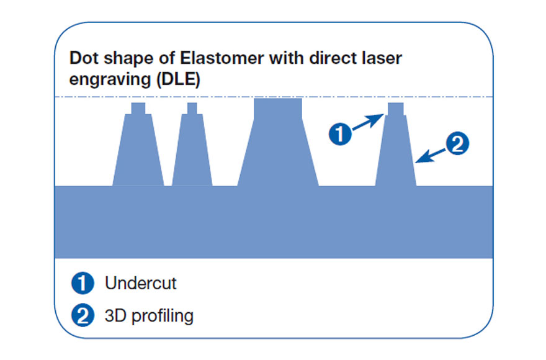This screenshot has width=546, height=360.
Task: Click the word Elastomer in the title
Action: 222,58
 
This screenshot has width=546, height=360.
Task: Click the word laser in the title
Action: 382,58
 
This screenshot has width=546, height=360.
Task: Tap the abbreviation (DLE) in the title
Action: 178,79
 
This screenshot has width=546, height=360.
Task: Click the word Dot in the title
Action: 84,58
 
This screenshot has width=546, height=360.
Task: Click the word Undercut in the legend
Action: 141,283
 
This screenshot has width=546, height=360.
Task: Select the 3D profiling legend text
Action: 149,316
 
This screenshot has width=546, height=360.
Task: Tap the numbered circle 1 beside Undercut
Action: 83,283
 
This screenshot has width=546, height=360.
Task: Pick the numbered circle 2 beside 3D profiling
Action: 83,315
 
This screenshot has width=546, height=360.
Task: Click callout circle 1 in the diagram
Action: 340,134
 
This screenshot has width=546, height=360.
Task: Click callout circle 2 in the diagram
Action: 457,143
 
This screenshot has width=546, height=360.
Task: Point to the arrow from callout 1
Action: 368,122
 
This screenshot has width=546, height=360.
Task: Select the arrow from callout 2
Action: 431,156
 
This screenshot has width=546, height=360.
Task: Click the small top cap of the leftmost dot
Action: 138,109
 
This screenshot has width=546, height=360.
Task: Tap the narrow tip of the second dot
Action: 192,109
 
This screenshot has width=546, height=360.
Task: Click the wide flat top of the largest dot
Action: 278,109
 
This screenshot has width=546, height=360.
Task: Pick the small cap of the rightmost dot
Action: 396,109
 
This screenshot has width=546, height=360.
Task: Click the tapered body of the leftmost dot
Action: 138,150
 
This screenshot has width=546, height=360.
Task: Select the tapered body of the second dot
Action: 192,150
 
